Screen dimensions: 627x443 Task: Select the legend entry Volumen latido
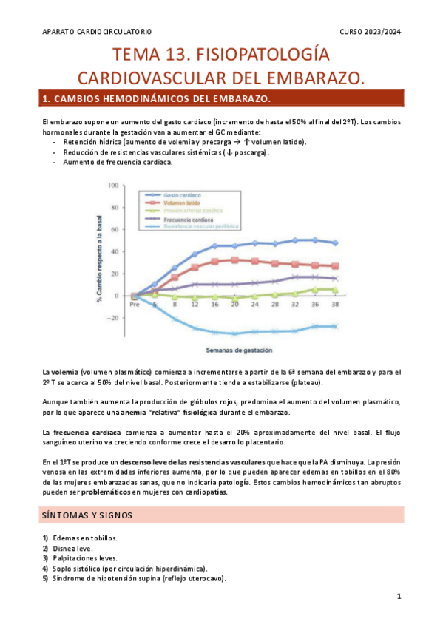(182, 201)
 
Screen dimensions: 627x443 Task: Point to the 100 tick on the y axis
(113, 185)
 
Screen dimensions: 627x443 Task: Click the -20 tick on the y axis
(113, 319)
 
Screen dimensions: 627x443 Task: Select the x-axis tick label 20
(234, 305)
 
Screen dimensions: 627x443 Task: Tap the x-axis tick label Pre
(134, 305)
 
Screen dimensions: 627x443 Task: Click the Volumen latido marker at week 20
(234, 260)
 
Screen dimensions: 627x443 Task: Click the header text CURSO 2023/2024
(371, 31)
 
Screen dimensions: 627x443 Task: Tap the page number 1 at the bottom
(399, 596)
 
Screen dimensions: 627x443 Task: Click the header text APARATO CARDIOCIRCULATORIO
(97, 31)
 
